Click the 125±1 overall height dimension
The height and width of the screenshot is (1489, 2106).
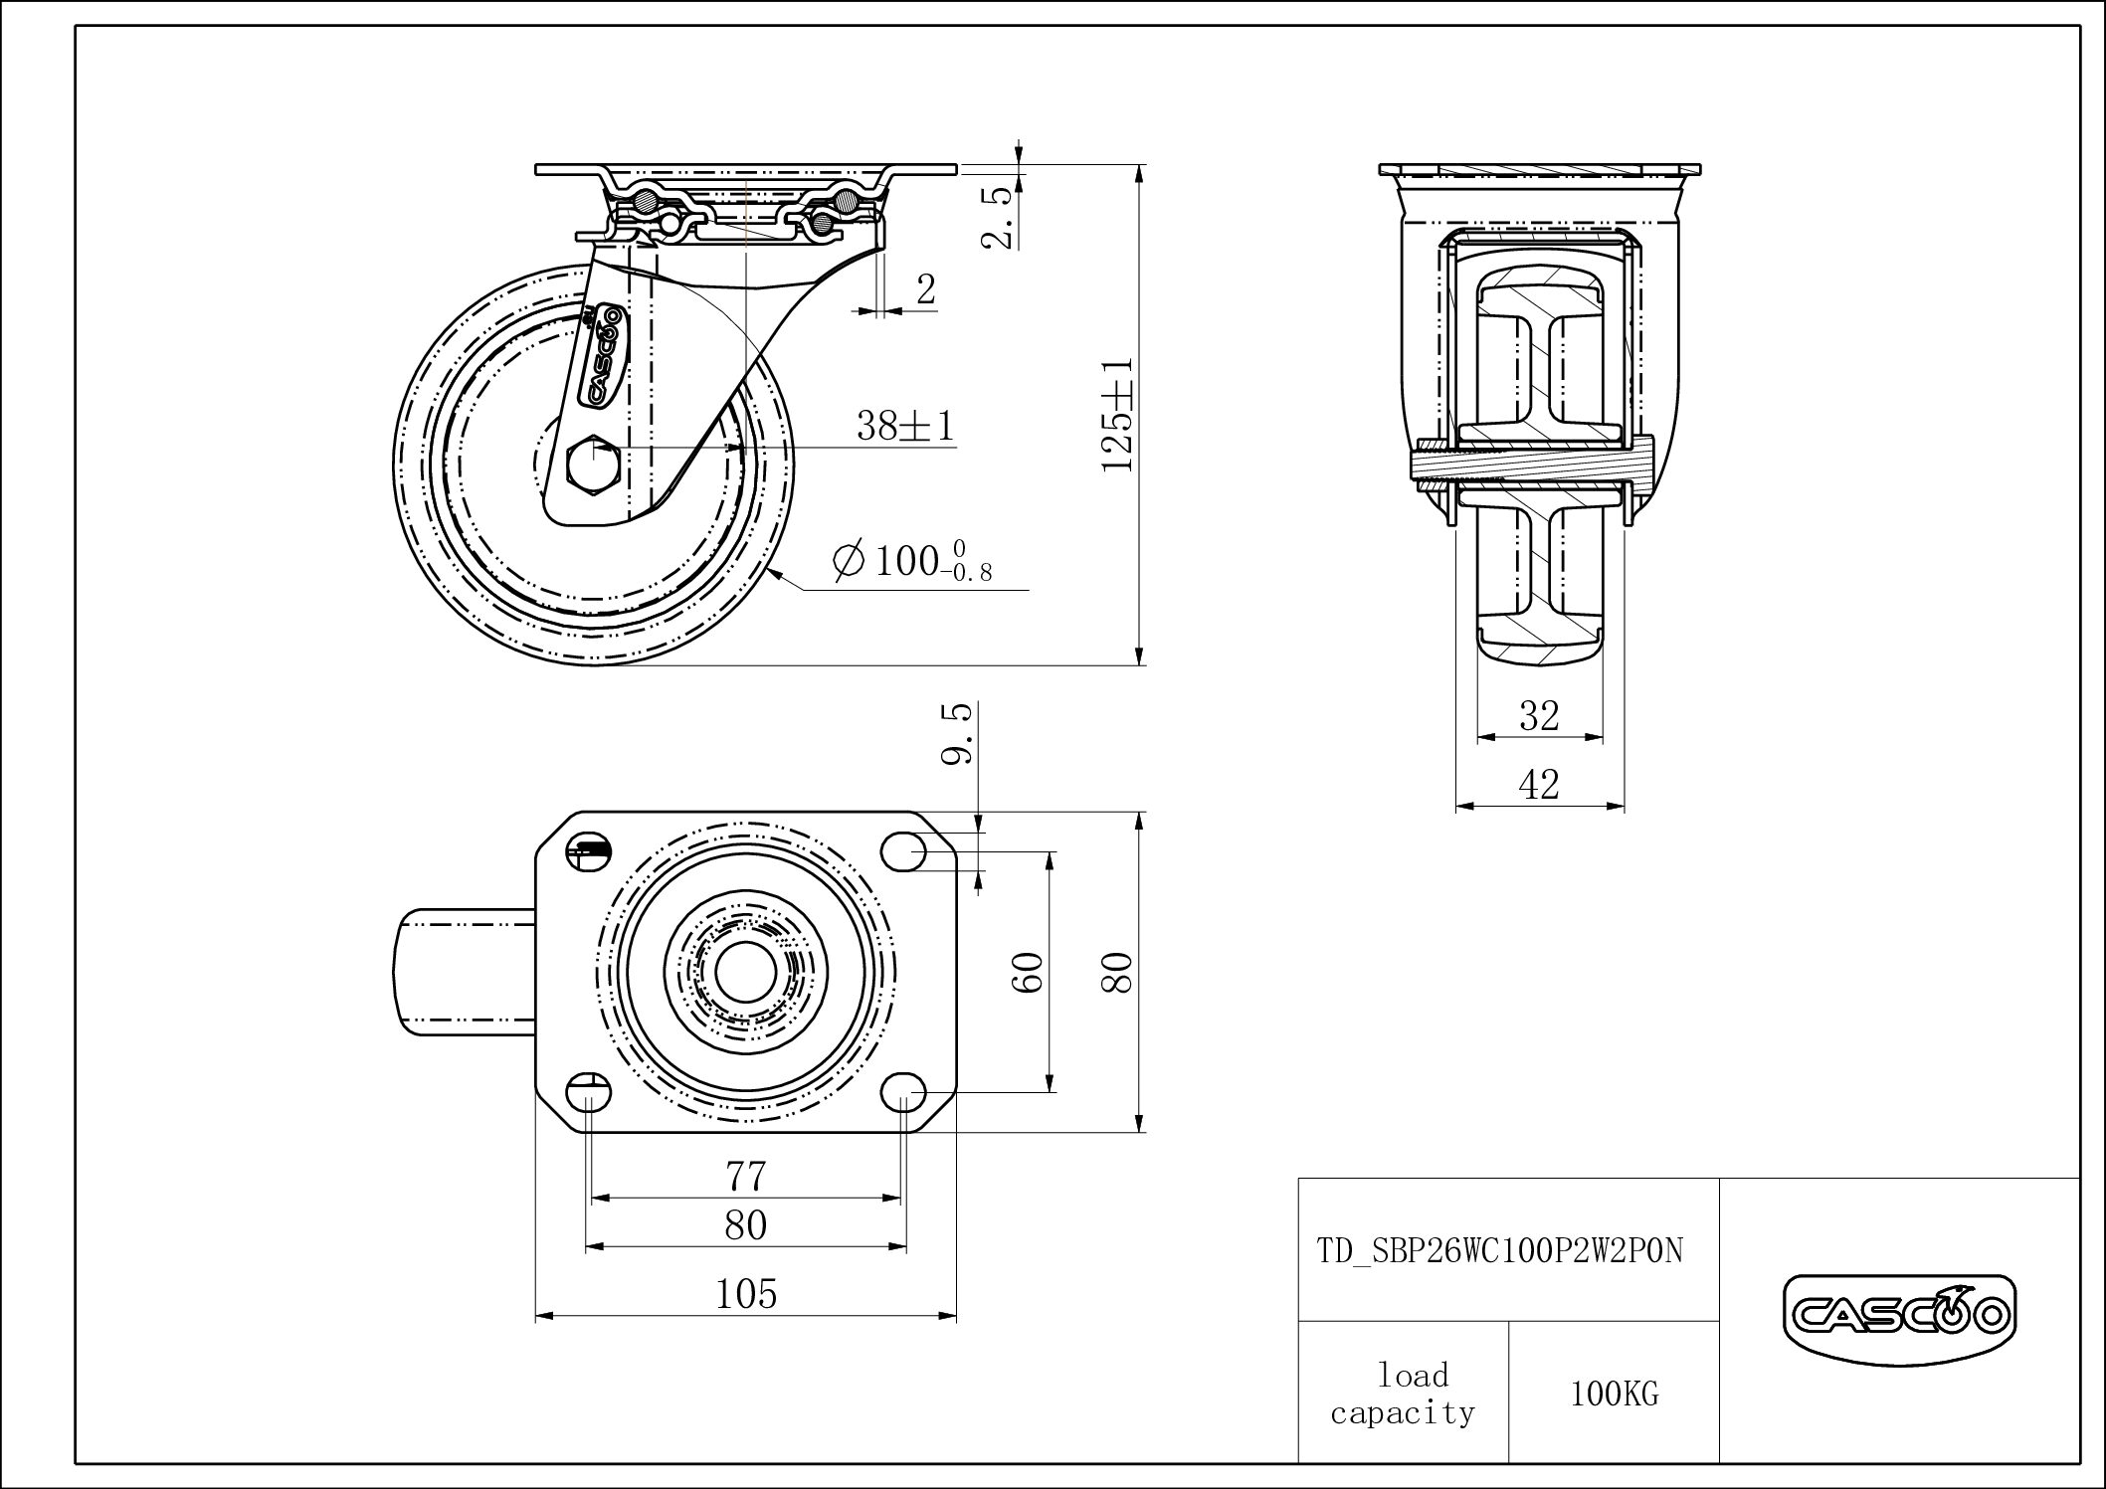pyautogui.click(x=1118, y=414)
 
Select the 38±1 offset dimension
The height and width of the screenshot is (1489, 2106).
pyautogui.click(x=905, y=427)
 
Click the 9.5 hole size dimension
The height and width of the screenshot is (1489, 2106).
pyautogui.click(x=956, y=734)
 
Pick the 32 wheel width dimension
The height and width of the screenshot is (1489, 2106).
pyautogui.click(x=1539, y=715)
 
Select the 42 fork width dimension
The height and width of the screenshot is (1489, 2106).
pyautogui.click(x=1539, y=785)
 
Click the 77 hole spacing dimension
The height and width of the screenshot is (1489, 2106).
pyautogui.click(x=745, y=1177)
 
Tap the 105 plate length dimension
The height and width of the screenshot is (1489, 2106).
pyautogui.click(x=746, y=1294)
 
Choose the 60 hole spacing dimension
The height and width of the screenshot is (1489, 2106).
pyautogui.click(x=1030, y=972)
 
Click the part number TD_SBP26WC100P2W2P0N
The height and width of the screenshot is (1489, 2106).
pyautogui.click(x=1501, y=1250)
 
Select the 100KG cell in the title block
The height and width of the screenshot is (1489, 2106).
pyautogui.click(x=1615, y=1395)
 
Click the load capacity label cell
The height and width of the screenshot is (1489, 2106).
pyautogui.click(x=1403, y=1394)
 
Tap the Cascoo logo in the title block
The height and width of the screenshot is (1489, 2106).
pyautogui.click(x=1899, y=1317)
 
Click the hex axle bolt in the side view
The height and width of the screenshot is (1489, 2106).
pyautogui.click(x=594, y=464)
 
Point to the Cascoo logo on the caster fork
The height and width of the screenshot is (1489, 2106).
pyautogui.click(x=601, y=356)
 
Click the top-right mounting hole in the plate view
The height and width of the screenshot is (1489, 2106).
pyautogui.click(x=903, y=851)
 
